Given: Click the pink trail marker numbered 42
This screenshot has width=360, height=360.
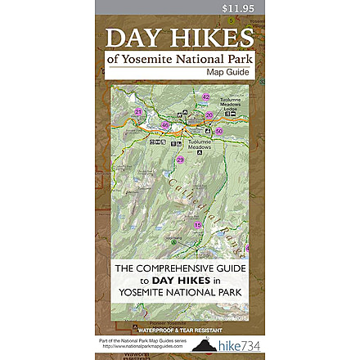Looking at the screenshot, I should (x=206, y=97).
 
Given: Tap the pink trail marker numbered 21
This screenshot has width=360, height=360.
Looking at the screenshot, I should (x=139, y=111).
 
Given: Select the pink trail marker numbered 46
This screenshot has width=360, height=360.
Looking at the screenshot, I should (x=165, y=125).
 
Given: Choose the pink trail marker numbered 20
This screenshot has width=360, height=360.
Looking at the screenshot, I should (x=209, y=115).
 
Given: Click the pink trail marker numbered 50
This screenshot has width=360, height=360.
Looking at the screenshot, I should (x=218, y=131).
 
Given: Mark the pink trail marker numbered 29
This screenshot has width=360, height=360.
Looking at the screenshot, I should (x=180, y=160).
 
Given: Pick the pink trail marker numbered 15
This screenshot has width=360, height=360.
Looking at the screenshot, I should (x=197, y=224).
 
